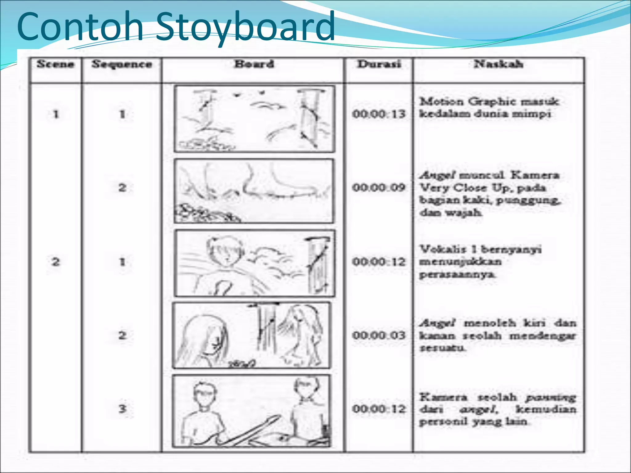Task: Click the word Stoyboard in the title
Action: [245, 27]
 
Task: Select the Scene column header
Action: [55, 64]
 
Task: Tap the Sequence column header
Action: [122, 65]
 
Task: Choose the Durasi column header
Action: [379, 64]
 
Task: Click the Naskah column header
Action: [499, 64]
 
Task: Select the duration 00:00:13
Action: [379, 114]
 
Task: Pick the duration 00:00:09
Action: [379, 188]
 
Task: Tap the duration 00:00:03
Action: [379, 335]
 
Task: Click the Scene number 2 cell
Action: [55, 262]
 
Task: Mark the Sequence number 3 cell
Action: [122, 409]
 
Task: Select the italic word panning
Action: [551, 398]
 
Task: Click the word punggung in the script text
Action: [528, 200]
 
